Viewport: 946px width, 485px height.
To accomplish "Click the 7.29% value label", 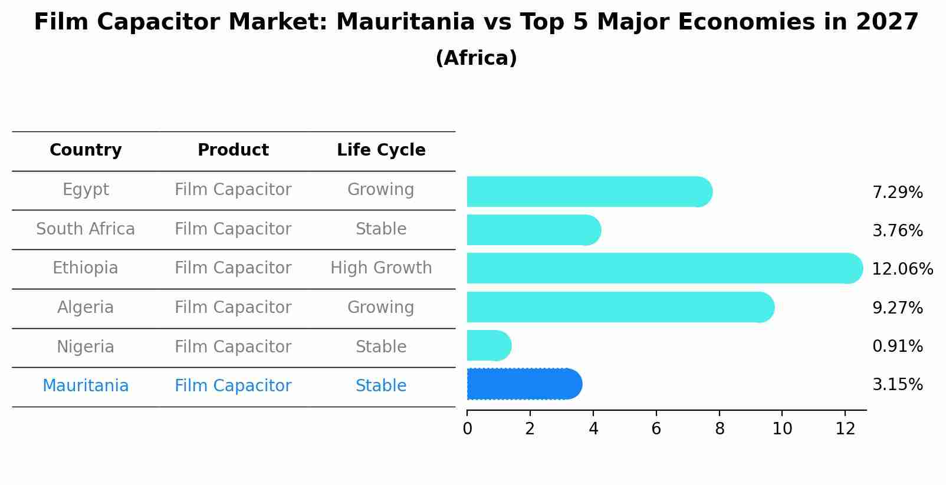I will [897, 193].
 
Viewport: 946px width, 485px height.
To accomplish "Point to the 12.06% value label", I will [902, 269].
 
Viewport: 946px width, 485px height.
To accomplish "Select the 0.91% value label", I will [897, 347].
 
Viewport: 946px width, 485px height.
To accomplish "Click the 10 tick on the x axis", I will [782, 429].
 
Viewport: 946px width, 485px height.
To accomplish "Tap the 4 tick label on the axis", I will [593, 429].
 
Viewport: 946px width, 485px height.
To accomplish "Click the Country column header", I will [86, 150].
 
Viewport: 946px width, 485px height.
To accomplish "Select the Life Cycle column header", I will [381, 150].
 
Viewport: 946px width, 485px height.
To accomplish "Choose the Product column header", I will [233, 150].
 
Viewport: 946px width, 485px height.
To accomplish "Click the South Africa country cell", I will [86, 229].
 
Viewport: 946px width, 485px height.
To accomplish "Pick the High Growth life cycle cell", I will [381, 268].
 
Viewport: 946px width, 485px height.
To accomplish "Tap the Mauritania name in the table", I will [86, 386].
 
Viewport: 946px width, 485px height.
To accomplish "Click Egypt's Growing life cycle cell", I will [381, 190].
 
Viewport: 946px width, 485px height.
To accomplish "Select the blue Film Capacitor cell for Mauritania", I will [233, 386].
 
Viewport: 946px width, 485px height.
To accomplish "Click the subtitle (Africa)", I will [476, 58].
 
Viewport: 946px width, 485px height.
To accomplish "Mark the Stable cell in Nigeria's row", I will [381, 347].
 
